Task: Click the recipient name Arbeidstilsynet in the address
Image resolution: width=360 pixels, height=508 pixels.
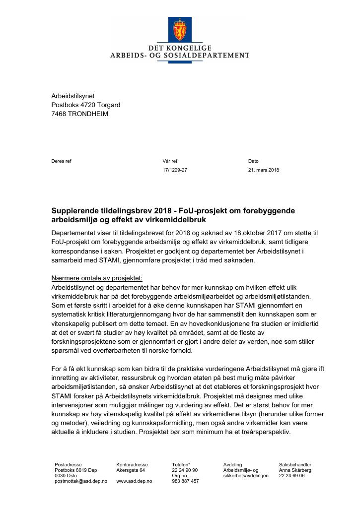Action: pyautogui.click(x=72, y=96)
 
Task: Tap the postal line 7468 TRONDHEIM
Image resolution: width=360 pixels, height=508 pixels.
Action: pyautogui.click(x=79, y=114)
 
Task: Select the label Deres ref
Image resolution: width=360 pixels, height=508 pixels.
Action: pyautogui.click(x=61, y=161)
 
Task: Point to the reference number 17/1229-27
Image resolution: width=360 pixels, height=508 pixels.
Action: pyautogui.click(x=175, y=170)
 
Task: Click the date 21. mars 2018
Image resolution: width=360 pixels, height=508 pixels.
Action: pyautogui.click(x=263, y=170)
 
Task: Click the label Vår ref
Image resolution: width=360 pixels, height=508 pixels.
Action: pyautogui.click(x=169, y=161)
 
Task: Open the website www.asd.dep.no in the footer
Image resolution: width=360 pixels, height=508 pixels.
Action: pyautogui.click(x=134, y=481)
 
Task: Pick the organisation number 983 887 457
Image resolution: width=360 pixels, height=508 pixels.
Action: pyautogui.click(x=185, y=481)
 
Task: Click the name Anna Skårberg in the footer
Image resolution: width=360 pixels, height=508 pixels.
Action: pyautogui.click(x=295, y=470)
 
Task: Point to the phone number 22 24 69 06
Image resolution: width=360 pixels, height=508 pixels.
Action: pyautogui.click(x=292, y=475)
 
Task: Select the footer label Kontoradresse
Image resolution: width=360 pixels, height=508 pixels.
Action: pyautogui.click(x=132, y=464)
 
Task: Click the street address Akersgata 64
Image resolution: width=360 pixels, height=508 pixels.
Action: pyautogui.click(x=131, y=470)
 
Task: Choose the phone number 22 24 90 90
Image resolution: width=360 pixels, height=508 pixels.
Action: pyautogui.click(x=185, y=470)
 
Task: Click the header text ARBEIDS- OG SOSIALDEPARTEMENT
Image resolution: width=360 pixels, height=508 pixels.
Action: pyautogui.click(x=180, y=56)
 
